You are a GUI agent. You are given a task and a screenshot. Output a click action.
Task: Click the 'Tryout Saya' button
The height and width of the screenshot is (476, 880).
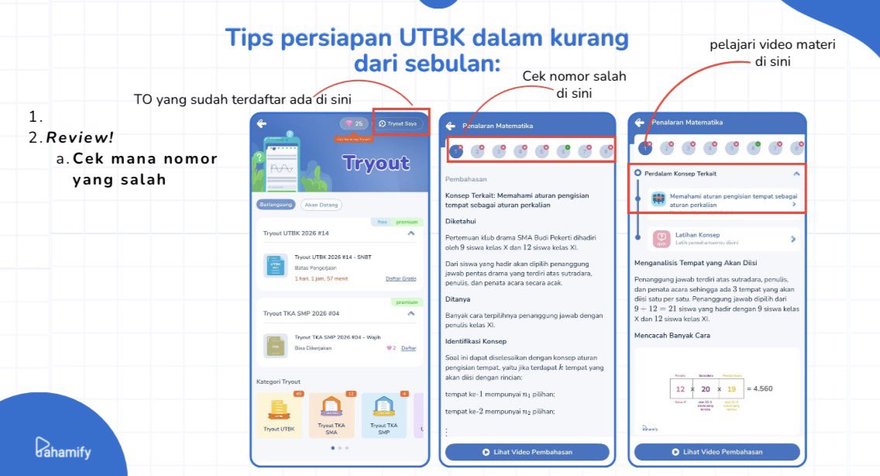point(400,123)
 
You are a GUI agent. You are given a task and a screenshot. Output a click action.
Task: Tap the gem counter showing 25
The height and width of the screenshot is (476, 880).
point(354,123)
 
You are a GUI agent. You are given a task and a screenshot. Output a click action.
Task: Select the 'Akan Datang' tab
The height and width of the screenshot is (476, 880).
point(321,205)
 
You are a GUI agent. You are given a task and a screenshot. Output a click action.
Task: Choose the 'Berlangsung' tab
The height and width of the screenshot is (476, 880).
point(276,205)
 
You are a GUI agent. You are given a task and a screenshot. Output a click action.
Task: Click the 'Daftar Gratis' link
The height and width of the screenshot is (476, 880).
point(400,278)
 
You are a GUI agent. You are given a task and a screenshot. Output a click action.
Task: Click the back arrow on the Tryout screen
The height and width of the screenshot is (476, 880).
point(262,123)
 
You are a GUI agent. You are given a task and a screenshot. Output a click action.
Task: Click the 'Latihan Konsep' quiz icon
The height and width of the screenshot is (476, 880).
point(661,239)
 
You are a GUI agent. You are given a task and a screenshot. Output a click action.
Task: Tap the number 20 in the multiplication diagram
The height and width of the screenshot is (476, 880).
point(706,388)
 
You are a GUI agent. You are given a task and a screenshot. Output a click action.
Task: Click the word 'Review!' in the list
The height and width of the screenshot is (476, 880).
point(80,138)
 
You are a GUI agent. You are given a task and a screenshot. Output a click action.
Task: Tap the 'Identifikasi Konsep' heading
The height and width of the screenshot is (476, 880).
point(475,341)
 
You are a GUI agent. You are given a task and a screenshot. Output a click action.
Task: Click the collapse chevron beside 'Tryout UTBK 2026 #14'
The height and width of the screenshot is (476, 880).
point(411,233)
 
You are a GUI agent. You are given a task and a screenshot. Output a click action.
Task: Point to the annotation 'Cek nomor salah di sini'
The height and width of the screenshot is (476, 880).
point(574,85)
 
